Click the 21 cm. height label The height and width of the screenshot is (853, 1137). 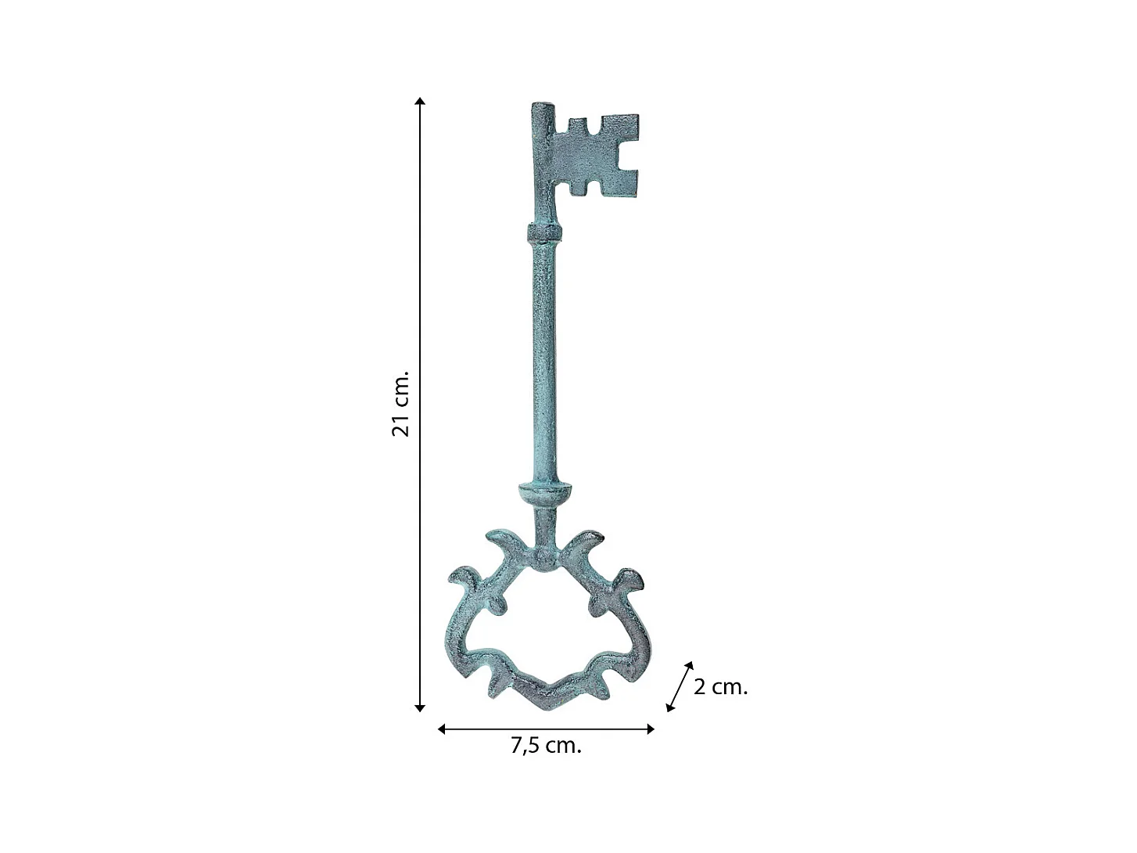pos(400,404)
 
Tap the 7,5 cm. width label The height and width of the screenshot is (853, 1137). pos(546,745)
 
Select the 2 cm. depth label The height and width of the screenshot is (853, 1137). pos(720,687)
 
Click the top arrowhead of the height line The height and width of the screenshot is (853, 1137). pos(420,101)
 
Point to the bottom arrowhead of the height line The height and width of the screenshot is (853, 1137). pos(420,708)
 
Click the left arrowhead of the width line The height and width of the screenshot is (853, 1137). pos(442,729)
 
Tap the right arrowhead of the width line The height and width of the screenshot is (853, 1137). pos(650,729)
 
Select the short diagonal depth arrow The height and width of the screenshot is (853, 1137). pos(679,686)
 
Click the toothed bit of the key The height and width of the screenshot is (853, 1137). pos(596,156)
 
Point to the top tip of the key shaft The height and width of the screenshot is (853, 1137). pos(543,103)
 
